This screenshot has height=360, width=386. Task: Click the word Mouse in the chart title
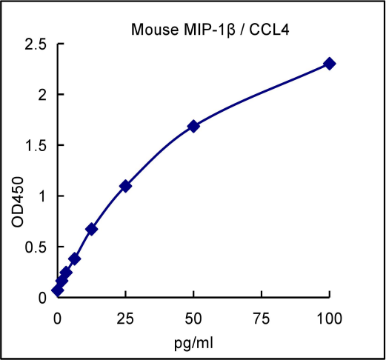click(150, 30)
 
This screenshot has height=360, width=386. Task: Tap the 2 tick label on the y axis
click(42, 95)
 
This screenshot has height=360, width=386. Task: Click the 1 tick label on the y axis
click(42, 196)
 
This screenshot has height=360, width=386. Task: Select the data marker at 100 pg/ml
click(330, 64)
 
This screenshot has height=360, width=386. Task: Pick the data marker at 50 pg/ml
click(193, 126)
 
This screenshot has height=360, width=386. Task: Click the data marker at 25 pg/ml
click(126, 186)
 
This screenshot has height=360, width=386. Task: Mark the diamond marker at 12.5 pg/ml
click(92, 229)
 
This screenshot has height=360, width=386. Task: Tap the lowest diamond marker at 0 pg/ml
click(58, 290)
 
